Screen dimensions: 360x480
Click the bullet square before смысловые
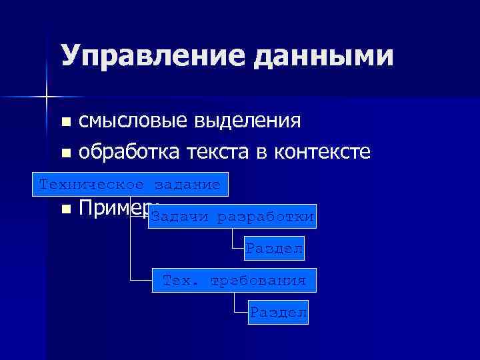click(x=65, y=123)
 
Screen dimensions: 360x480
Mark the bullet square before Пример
click(x=65, y=209)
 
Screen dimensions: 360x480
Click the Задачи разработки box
click(x=232, y=217)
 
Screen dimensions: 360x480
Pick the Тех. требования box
click(x=234, y=281)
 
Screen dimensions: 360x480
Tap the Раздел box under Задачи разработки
click(x=274, y=249)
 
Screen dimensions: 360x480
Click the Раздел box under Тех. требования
click(x=278, y=312)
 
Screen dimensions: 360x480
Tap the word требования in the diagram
click(x=258, y=281)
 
